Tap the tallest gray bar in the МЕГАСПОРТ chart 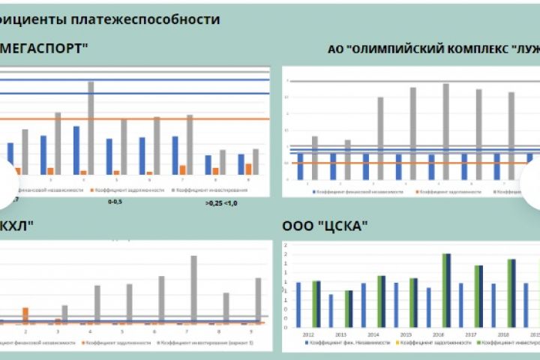(x=91, y=127)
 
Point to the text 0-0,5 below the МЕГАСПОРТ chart (x=115, y=202)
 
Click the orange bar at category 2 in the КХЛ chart (x=25, y=315)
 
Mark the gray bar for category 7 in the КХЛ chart (x=193, y=289)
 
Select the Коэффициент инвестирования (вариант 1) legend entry (x=212, y=343)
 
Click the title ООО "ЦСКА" (x=325, y=226)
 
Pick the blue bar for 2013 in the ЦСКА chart (x=331, y=310)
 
